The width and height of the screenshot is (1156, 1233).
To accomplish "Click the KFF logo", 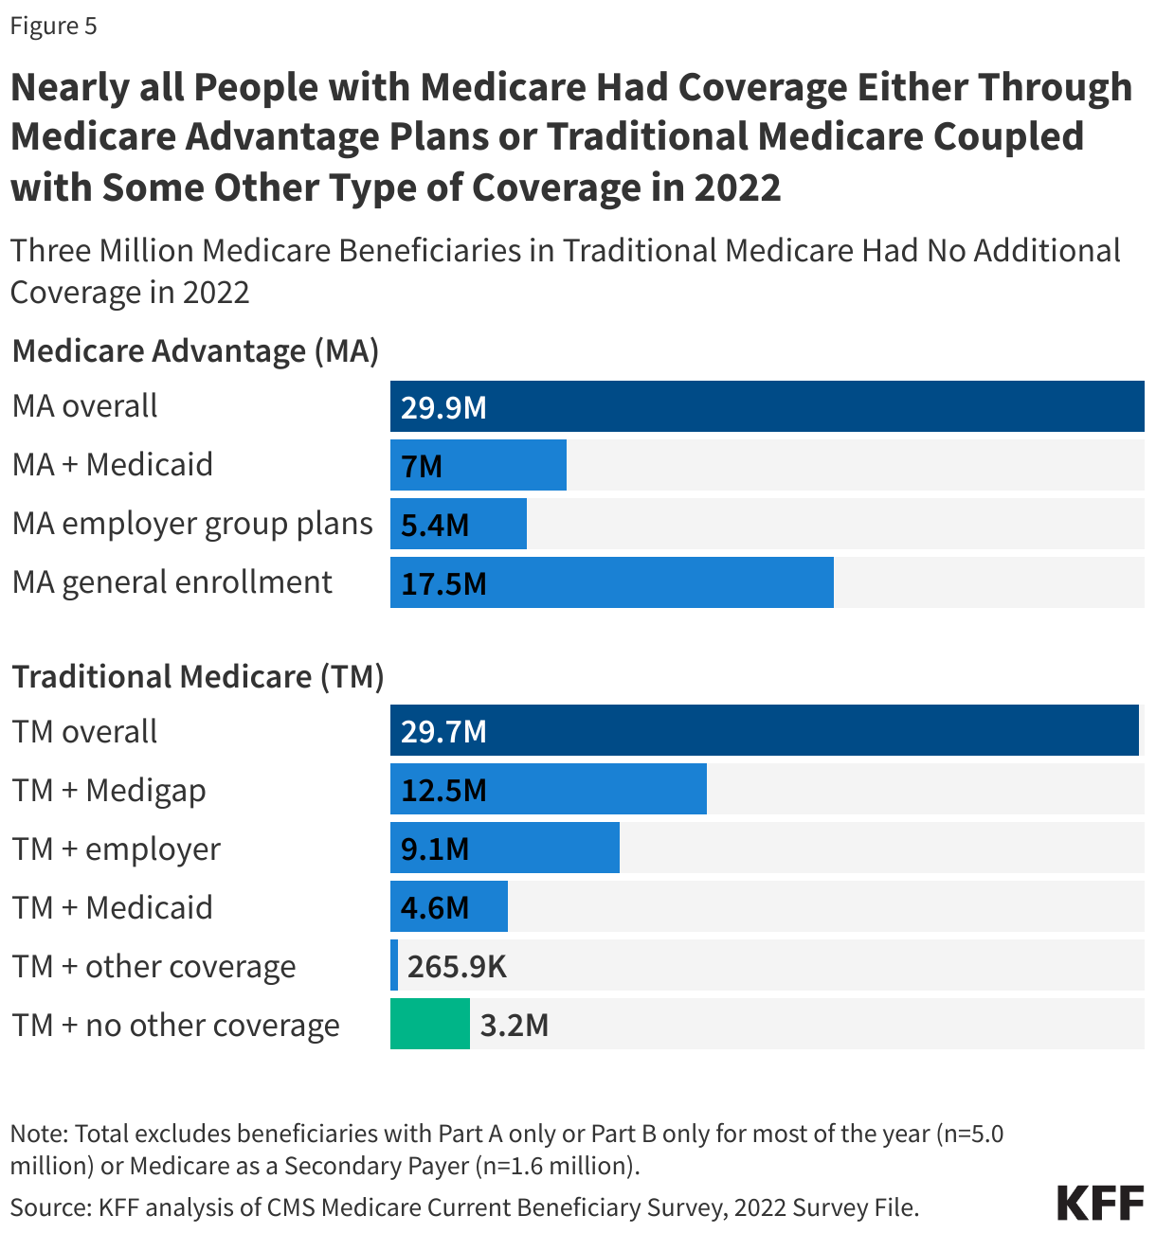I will tap(1100, 1203).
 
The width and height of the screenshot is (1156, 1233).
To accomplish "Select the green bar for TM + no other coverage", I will tap(429, 1024).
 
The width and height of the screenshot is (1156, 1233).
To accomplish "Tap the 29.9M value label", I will tap(443, 407).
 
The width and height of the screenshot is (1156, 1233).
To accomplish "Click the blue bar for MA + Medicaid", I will tap(478, 465).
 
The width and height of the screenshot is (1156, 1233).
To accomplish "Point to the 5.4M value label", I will tap(435, 525).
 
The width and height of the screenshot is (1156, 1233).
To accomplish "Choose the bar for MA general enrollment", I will tap(611, 582).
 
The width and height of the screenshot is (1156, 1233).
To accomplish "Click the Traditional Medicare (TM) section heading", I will tap(197, 677).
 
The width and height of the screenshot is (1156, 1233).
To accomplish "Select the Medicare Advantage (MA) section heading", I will tap(195, 351).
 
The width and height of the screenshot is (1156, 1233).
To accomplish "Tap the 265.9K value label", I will tap(457, 966).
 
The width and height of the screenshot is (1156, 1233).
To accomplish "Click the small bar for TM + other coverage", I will tap(394, 965).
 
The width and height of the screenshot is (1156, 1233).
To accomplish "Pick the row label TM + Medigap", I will tap(109, 790).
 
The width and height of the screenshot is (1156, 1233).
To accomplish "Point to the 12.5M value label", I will tap(443, 790).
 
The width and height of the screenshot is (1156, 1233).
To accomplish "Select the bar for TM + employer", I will tap(504, 848).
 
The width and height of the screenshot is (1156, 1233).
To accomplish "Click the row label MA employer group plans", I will tap(192, 524).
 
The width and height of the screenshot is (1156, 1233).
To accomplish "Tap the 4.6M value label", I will tap(435, 907).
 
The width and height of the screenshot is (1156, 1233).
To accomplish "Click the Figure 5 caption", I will tap(53, 26).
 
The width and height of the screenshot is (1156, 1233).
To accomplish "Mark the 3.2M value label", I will tap(515, 1025).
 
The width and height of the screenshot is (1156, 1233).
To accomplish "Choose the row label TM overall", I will tap(84, 731).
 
